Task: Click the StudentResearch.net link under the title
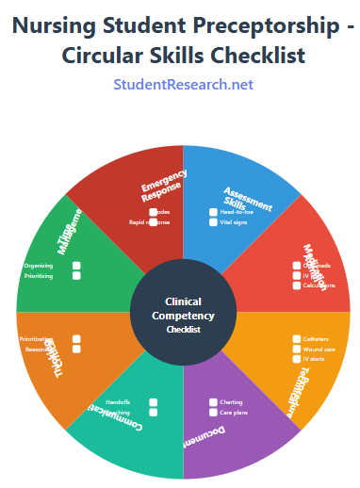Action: click(183, 85)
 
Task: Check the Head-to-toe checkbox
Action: click(213, 212)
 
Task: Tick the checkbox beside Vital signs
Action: click(213, 223)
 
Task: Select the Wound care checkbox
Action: click(296, 349)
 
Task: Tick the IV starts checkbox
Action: click(296, 359)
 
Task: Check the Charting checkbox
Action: click(213, 402)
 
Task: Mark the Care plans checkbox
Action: click(213, 413)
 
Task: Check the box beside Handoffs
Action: click(154, 402)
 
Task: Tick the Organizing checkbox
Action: click(76, 266)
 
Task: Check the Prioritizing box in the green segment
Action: click(76, 276)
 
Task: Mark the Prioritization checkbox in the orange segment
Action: click(76, 338)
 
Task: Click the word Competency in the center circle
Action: click(183, 316)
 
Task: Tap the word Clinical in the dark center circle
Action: click(183, 301)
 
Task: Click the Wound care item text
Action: click(318, 349)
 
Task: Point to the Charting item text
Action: click(231, 402)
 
